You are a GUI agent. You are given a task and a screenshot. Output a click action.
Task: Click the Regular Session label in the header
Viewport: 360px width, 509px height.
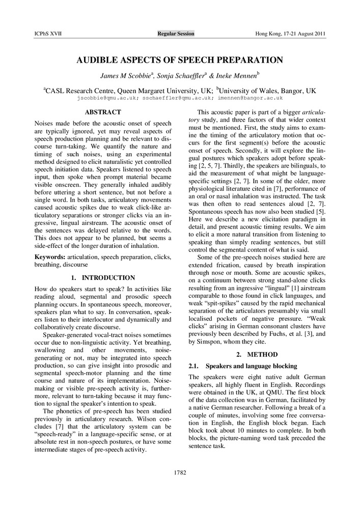[176, 34]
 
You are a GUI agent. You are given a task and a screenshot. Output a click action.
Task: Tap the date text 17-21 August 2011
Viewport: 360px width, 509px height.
[303, 34]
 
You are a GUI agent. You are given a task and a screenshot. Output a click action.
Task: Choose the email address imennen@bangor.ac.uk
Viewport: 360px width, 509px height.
[251, 97]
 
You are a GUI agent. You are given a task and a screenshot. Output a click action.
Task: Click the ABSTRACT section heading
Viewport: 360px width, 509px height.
[103, 112]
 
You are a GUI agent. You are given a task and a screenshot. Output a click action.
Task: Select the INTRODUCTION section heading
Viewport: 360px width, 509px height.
[108, 278]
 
